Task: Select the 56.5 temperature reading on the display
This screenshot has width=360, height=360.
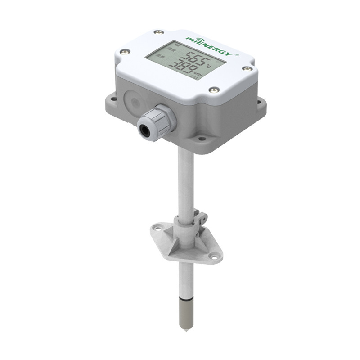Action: pos(185,59)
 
